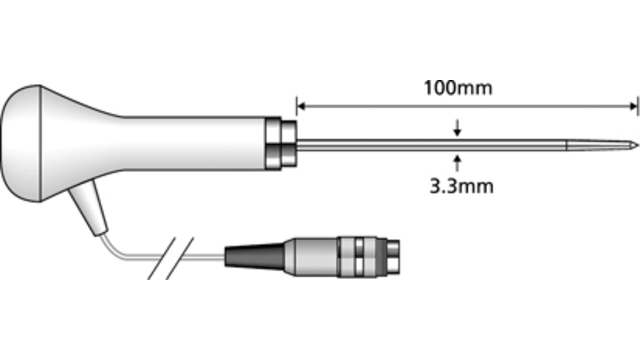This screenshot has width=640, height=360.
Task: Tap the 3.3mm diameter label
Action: click(x=458, y=185)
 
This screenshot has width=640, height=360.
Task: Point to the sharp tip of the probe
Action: click(x=635, y=147)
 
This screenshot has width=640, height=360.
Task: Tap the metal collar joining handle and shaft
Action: click(x=283, y=144)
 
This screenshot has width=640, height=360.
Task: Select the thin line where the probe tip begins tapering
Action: click(x=567, y=146)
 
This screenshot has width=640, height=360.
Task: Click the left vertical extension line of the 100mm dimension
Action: click(x=296, y=115)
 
